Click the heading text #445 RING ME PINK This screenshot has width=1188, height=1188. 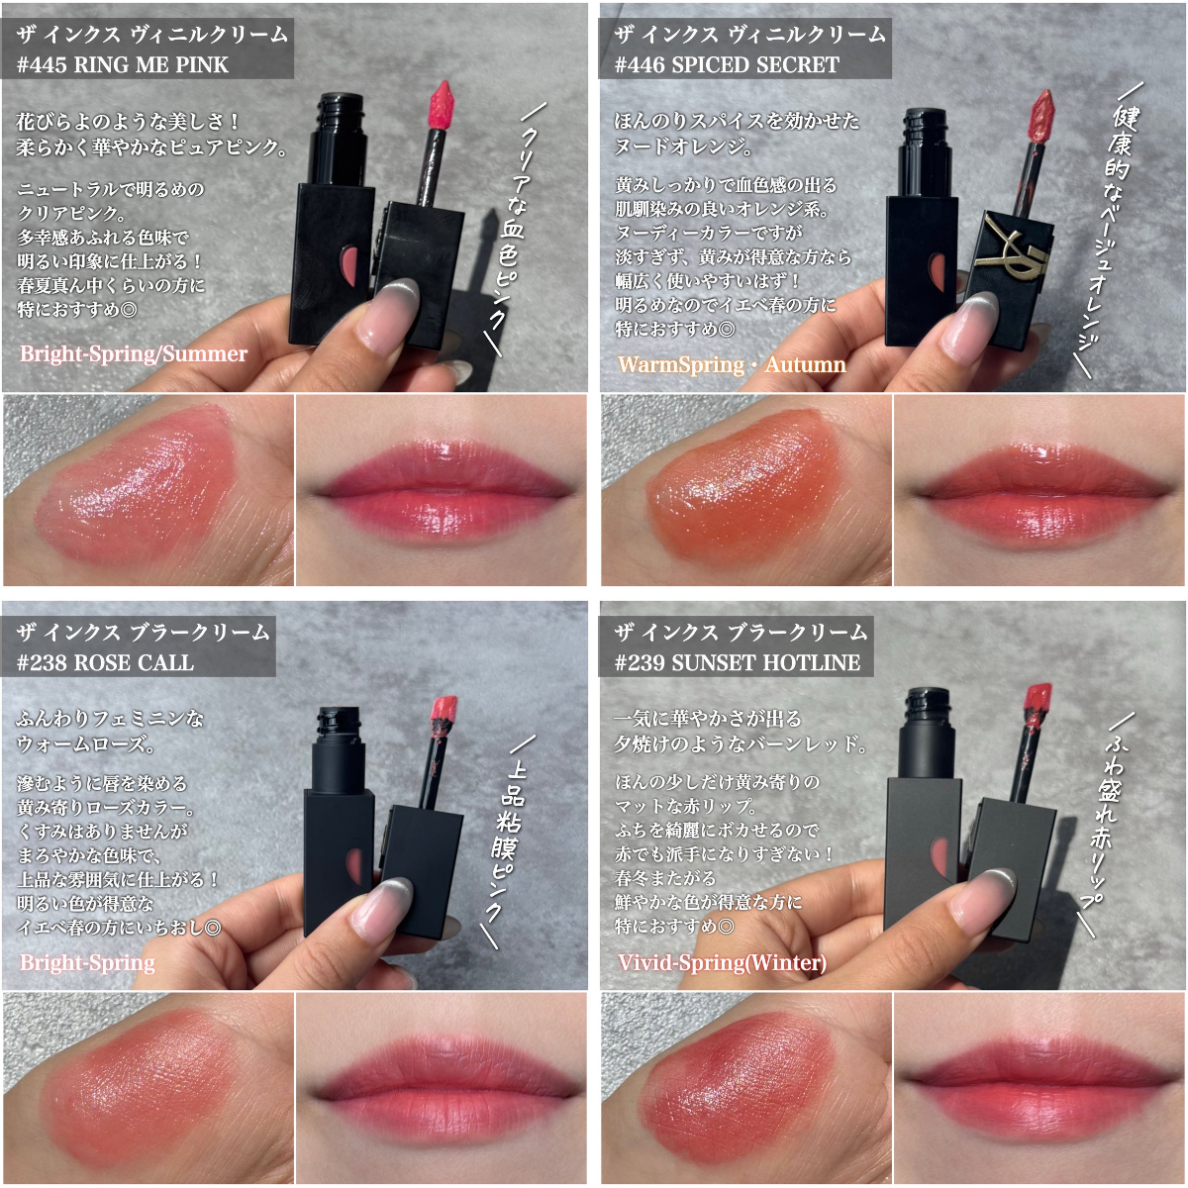click(123, 64)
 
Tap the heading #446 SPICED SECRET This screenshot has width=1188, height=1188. click(727, 64)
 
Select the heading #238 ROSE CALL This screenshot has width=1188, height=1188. click(105, 662)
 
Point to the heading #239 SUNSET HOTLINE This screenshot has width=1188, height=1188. click(738, 662)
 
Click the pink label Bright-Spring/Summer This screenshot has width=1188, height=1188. click(134, 353)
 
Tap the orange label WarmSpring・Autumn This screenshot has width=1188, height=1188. click(732, 364)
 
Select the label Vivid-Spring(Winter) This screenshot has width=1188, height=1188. click(722, 962)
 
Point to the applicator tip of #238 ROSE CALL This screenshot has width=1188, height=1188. click(444, 715)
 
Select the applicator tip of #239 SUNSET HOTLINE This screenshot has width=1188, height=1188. click(1038, 703)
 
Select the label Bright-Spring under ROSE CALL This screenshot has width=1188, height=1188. click(87, 962)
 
